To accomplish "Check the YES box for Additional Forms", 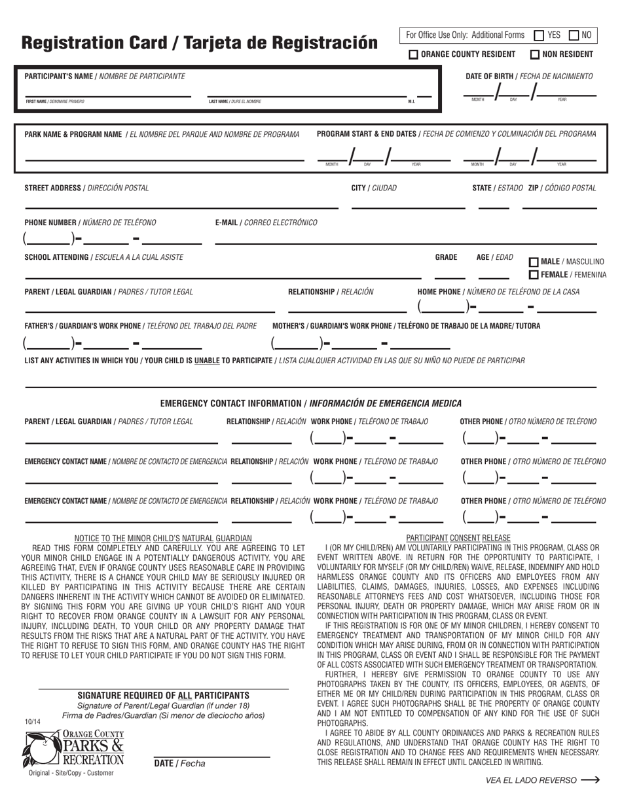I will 540,35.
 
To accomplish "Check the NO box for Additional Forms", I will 574,35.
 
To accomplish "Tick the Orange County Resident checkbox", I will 414,55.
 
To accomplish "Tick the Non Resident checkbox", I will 535,55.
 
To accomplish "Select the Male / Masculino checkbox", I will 534,262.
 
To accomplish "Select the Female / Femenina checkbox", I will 534,275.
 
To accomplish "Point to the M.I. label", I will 411,101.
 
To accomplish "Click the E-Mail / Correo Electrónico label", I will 266,223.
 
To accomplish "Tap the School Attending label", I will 103,257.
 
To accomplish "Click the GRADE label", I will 446,257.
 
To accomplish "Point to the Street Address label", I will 86,188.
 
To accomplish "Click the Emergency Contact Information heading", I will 310,403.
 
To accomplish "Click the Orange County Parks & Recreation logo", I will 73,749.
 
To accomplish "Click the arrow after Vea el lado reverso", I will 590,780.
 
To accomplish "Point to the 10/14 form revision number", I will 32,722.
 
